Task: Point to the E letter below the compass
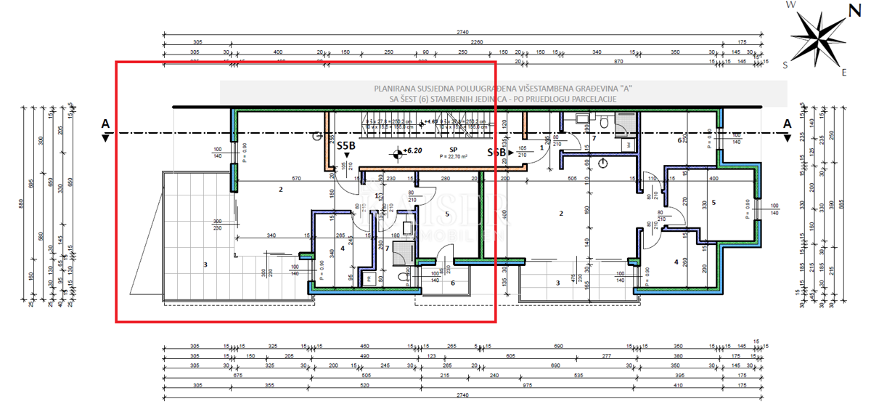click(843, 72)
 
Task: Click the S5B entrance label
click(346, 145)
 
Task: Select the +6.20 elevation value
click(413, 150)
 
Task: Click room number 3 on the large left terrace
click(205, 265)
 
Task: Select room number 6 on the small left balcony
click(452, 282)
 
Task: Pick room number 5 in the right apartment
click(713, 203)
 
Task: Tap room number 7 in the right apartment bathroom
click(593, 137)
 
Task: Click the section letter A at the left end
click(105, 124)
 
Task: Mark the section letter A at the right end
click(787, 124)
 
